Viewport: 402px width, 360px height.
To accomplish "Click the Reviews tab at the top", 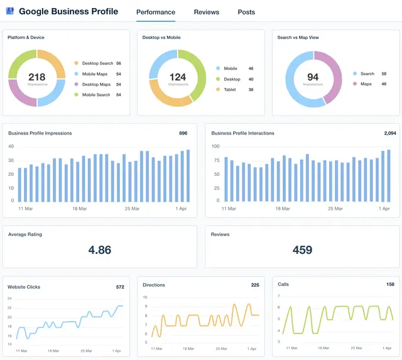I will click(206, 12).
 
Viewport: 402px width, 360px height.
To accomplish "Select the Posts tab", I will click(246, 12).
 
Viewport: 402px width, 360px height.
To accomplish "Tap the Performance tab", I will click(155, 12).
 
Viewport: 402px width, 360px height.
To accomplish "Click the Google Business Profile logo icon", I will click(9, 11).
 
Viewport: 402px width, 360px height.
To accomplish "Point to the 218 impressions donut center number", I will click(36, 77).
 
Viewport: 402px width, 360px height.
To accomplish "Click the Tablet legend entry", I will click(230, 90).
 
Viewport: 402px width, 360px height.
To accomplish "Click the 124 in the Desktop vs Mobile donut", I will click(178, 77).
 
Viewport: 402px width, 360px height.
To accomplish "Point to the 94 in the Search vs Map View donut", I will click(312, 77).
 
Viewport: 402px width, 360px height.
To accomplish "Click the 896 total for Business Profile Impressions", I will click(183, 133).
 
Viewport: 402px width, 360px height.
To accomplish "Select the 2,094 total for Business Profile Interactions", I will click(389, 133).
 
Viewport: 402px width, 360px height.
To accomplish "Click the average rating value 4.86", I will click(99, 250).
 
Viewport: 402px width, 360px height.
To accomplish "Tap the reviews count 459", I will click(302, 250).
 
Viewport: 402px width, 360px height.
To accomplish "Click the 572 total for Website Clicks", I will click(119, 287).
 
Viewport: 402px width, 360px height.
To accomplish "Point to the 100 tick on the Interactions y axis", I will click(215, 146).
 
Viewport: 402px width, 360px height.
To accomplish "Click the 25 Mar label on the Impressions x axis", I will click(132, 208).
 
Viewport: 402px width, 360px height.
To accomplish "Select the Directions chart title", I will click(154, 285).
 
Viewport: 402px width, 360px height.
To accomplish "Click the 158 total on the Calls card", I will click(389, 285).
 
